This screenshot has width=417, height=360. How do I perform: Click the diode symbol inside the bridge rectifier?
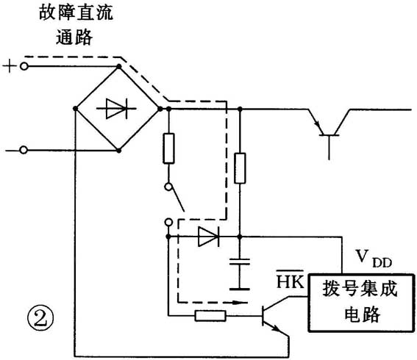(x=118, y=109)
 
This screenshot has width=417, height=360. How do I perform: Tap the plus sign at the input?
(x=9, y=67)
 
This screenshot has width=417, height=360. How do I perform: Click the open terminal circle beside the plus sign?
(x=24, y=67)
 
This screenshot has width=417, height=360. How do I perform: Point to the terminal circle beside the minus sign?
(x=24, y=151)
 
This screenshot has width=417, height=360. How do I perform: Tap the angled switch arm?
(x=177, y=198)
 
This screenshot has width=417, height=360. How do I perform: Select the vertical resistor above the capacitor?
(x=239, y=168)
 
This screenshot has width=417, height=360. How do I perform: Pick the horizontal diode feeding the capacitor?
(x=208, y=237)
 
